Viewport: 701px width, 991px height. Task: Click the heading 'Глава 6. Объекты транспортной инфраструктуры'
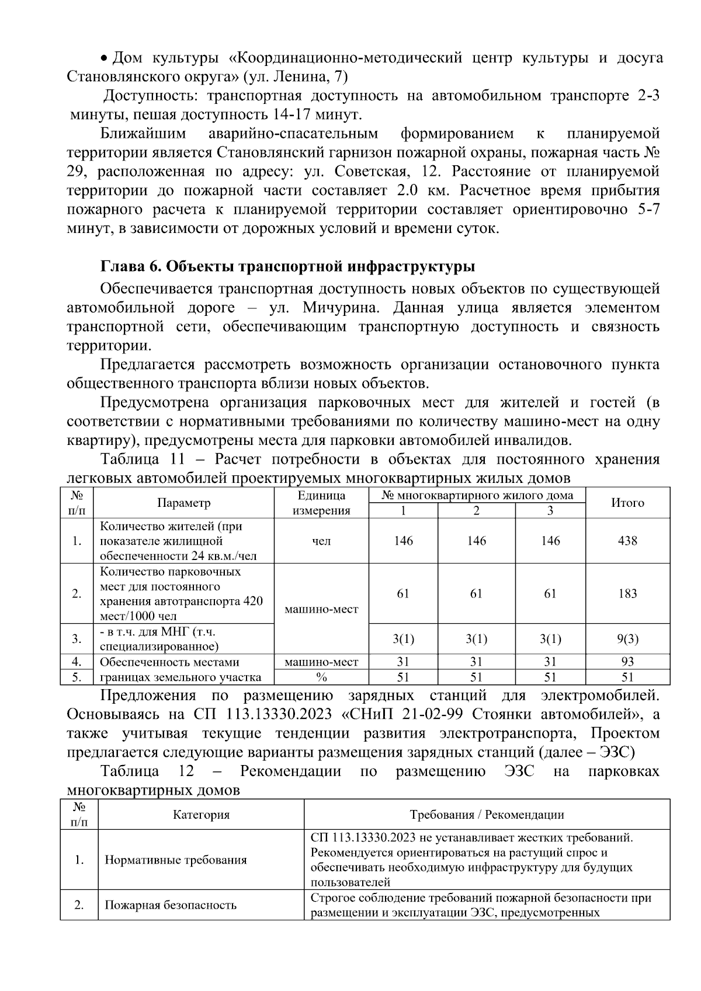[x=287, y=267]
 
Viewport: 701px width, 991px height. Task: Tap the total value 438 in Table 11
[x=627, y=541]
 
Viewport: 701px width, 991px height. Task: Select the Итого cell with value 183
[x=627, y=593]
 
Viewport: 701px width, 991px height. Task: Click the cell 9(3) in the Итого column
[x=627, y=639]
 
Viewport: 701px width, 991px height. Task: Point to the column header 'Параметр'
[x=184, y=503]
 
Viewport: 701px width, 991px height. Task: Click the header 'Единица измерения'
[x=321, y=503]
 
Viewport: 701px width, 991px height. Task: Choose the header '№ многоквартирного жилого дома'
[x=477, y=496]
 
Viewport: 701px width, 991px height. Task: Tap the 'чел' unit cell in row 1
[x=321, y=541]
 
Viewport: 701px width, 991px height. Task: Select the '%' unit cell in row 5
[x=321, y=677]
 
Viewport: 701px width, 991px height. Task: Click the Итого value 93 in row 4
[x=627, y=662]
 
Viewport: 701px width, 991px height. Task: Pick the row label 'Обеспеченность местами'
[x=169, y=662]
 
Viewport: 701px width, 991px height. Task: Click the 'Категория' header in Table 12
[x=201, y=815]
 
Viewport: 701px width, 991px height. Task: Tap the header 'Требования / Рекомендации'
[x=487, y=815]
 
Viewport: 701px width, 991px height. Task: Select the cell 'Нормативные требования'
[x=175, y=860]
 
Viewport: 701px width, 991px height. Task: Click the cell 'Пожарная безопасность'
[x=170, y=906]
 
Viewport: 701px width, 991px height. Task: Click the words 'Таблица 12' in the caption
[x=147, y=771]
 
